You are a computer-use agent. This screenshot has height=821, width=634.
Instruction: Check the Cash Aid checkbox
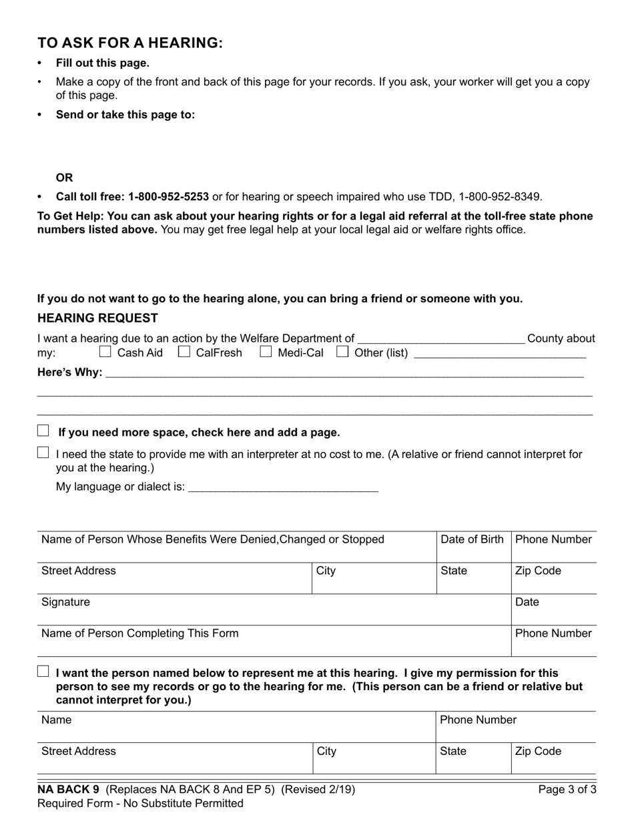105,351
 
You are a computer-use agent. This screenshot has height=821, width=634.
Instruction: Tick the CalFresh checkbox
184,351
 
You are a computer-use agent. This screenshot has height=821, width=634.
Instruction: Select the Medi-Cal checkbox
266,351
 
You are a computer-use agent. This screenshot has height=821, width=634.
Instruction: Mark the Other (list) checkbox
342,351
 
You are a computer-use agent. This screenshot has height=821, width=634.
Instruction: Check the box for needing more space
43,431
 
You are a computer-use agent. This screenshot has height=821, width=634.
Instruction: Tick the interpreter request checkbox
43,453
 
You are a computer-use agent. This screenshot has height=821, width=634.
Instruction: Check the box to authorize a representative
43,671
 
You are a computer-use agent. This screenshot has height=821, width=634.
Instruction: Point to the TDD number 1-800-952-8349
499,197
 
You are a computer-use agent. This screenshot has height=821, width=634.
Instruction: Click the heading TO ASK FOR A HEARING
130,43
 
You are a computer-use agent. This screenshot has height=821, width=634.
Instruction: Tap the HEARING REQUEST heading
97,318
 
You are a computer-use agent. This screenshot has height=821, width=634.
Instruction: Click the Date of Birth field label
472,539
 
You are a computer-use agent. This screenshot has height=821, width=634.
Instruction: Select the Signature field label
65,602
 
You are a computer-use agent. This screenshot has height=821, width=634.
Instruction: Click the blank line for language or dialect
283,488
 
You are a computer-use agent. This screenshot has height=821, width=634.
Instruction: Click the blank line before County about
440,339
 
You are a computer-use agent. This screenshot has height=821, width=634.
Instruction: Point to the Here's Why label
69,372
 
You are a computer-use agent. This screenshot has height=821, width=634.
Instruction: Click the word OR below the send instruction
64,178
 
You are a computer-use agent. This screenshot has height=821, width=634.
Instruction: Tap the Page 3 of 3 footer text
567,790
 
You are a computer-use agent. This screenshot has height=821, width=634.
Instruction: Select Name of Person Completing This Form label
139,633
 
